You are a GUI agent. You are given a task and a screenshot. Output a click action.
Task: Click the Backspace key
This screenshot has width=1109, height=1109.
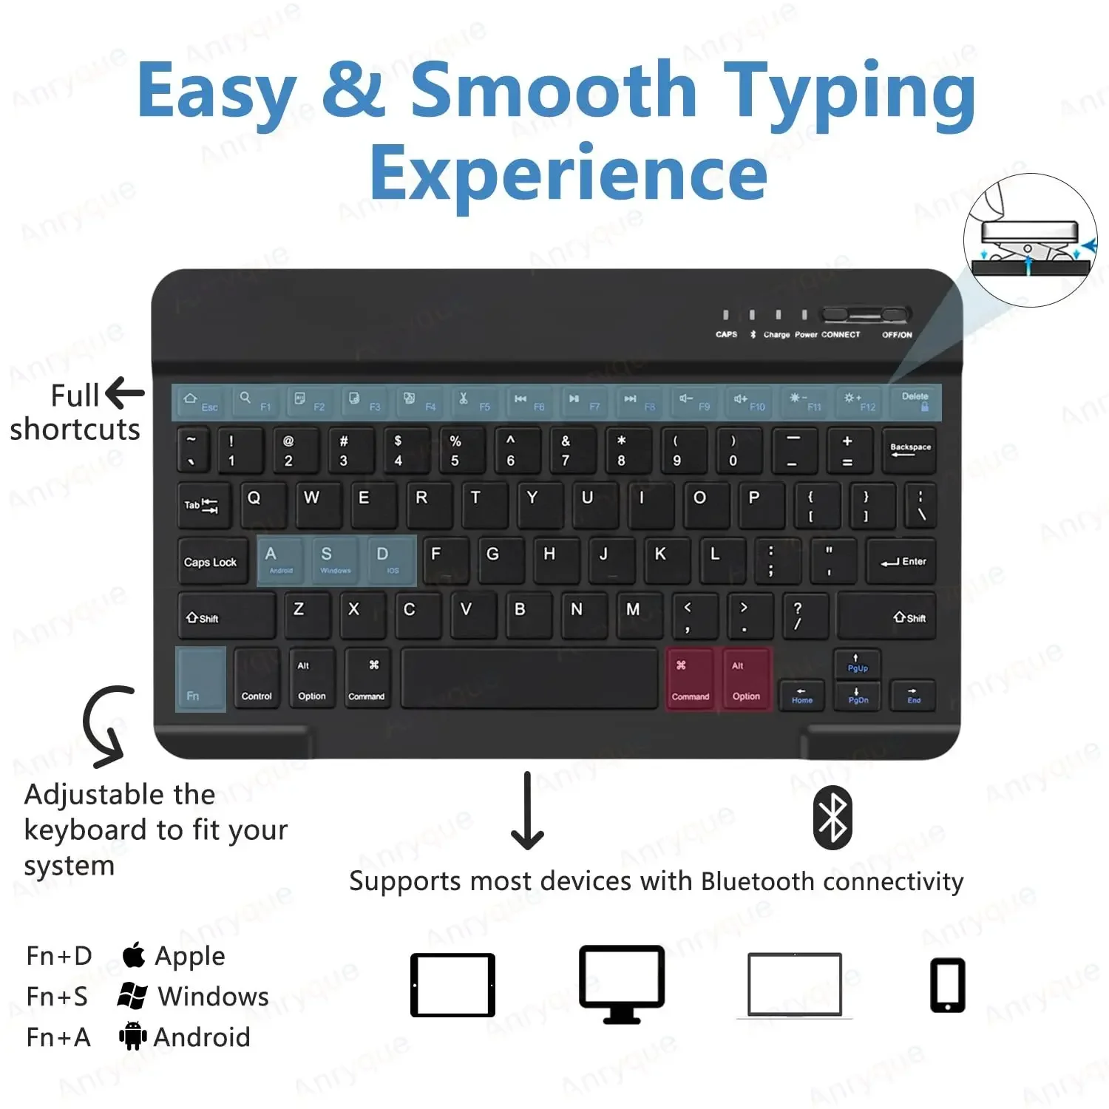click(x=909, y=450)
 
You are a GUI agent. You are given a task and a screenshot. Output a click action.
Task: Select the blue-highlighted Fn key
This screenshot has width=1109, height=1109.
click(x=200, y=679)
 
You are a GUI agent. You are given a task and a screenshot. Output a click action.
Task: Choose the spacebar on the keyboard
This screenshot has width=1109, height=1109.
click(x=529, y=679)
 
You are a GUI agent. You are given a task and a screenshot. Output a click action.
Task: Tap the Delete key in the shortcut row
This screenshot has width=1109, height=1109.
click(x=915, y=402)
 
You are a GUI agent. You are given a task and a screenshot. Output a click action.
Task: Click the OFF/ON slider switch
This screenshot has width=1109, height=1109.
click(x=866, y=316)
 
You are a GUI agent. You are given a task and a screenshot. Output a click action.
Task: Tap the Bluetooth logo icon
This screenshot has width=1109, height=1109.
click(x=832, y=818)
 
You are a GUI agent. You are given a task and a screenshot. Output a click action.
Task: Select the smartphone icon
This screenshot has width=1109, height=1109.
click(x=947, y=985)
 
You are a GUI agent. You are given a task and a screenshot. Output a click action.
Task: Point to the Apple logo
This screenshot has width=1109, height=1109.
click(x=133, y=954)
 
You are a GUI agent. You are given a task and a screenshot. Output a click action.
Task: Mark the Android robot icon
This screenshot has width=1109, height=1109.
click(x=132, y=1036)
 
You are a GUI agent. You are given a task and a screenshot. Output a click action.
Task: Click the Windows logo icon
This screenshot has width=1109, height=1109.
click(x=132, y=996)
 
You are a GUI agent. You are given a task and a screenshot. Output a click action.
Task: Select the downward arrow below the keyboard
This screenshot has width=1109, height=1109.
click(x=527, y=811)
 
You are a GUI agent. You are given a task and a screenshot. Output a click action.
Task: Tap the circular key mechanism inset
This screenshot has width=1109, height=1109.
click(x=1030, y=240)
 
